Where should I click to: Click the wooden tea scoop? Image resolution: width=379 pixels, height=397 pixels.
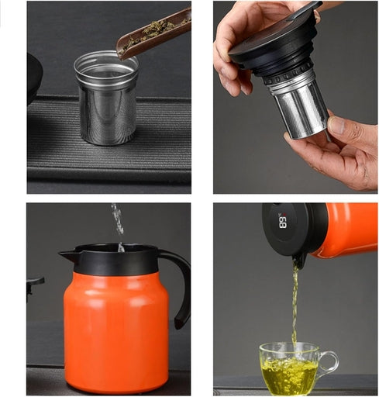[x=153, y=36]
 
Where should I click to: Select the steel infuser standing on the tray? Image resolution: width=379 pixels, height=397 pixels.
[x=106, y=98]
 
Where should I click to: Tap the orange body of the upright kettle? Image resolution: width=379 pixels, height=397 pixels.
[x=116, y=332]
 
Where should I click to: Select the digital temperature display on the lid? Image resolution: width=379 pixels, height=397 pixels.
[x=283, y=222]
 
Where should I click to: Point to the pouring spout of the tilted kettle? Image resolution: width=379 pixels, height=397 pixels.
[x=300, y=261]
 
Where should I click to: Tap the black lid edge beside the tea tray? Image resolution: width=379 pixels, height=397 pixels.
[x=34, y=78]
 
